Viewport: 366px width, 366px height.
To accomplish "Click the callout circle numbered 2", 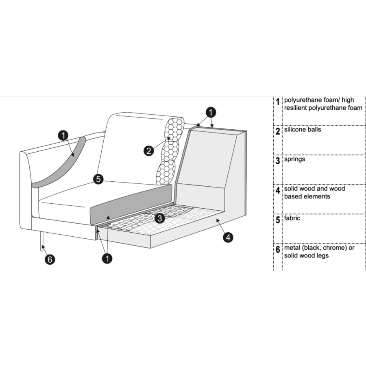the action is [x=149, y=150].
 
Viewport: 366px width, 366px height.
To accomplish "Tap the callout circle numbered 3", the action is [x=160, y=218].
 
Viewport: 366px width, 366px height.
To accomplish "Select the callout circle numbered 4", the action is [x=228, y=237].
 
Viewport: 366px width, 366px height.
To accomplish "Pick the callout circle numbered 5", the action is [x=98, y=179].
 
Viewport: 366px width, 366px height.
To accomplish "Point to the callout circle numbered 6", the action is [x=50, y=259].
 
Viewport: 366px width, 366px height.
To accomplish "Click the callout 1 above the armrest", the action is [x=63, y=135].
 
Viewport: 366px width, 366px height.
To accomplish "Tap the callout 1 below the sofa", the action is [x=107, y=258].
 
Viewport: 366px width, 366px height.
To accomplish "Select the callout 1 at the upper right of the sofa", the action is [x=211, y=112].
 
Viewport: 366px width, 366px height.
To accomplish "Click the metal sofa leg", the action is [x=42, y=242].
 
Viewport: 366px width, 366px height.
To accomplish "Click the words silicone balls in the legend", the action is [x=303, y=130].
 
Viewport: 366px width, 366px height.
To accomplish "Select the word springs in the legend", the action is [x=294, y=159].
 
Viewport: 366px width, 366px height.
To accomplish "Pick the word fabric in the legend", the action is [x=292, y=218].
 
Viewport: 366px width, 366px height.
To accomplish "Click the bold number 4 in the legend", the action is [x=277, y=190].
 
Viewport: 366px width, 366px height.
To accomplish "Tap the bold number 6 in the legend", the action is [x=277, y=249].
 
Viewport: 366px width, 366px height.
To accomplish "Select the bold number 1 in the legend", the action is [x=277, y=102].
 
